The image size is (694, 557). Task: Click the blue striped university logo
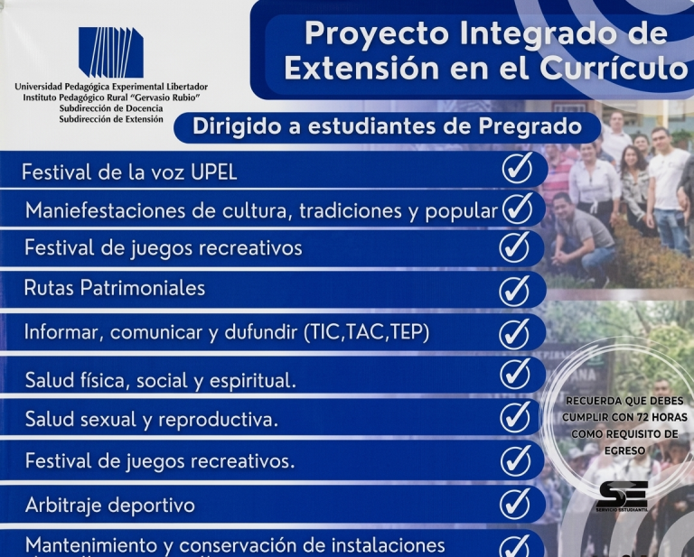(x=111, y=52)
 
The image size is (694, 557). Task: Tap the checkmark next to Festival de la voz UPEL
(x=518, y=168)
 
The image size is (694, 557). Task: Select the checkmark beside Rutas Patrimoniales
(x=514, y=291)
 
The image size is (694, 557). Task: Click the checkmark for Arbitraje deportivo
(x=515, y=504)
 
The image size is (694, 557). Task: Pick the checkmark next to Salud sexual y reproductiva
(x=515, y=417)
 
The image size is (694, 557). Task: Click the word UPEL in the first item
(x=214, y=172)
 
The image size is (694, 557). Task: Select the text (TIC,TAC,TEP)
(x=367, y=332)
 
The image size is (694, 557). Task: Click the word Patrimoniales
(x=143, y=288)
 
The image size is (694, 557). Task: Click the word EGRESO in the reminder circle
(x=625, y=450)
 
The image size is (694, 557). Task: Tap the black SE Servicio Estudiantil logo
(x=622, y=496)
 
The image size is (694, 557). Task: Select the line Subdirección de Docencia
(x=111, y=108)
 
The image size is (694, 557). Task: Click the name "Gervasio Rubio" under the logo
(x=168, y=97)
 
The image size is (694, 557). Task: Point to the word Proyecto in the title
(x=377, y=34)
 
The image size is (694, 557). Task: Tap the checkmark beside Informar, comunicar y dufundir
(x=514, y=334)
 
